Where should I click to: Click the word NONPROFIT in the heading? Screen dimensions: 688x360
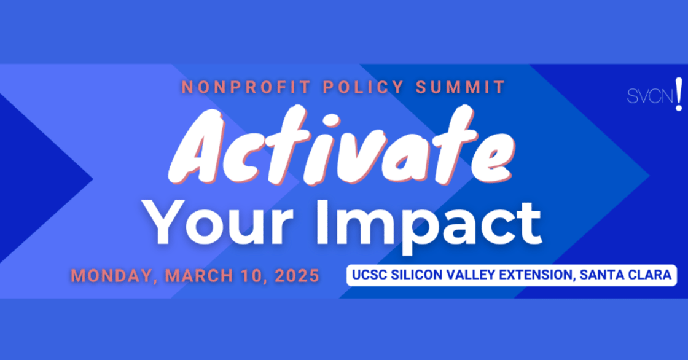coord(246,87)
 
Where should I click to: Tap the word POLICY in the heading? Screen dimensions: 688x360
coord(363,87)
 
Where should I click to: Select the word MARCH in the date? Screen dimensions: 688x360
coord(199,276)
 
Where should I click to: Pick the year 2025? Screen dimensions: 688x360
coord(297,276)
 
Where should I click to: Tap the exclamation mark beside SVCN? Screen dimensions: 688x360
coord(679,94)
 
